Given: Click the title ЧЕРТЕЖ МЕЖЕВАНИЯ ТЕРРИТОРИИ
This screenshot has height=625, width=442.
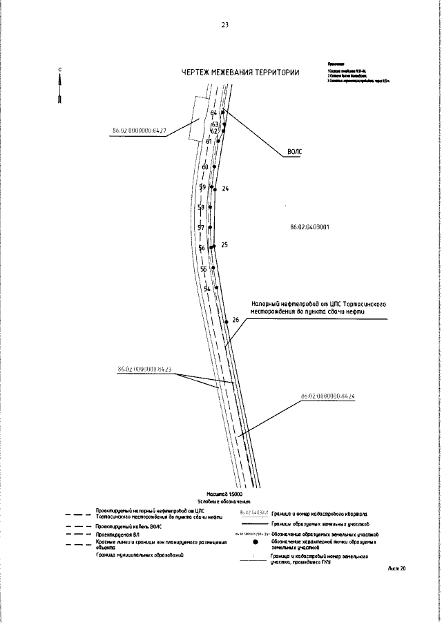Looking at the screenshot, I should [240, 73].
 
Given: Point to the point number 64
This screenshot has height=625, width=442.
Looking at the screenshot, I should [214, 113].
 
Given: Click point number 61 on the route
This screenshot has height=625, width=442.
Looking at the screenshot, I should [209, 141].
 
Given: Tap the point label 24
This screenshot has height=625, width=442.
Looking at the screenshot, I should [225, 189].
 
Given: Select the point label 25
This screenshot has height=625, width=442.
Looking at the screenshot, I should [224, 245].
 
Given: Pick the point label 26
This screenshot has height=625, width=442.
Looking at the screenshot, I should [236, 320].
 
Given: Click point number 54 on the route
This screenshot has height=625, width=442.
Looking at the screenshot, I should [206, 288].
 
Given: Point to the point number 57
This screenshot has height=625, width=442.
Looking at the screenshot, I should [201, 228].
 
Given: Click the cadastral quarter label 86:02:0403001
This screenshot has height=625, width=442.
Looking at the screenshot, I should [305, 226].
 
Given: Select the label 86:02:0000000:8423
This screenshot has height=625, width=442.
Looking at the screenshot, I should [144, 369].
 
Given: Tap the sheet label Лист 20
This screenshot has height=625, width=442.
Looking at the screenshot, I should [397, 568].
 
